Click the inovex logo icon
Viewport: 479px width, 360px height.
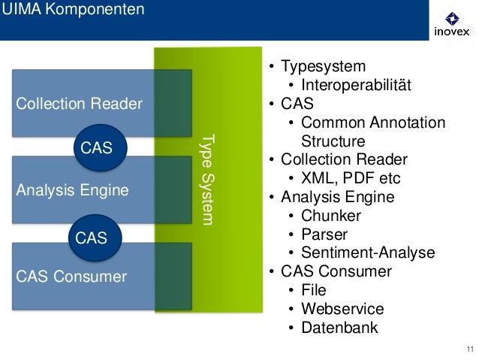tap(452, 19)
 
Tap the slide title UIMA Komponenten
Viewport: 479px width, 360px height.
tap(73, 9)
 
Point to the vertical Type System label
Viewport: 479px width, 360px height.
tap(207, 180)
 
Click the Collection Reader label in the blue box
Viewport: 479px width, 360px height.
tap(79, 104)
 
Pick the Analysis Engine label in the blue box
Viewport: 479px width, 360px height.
tap(72, 190)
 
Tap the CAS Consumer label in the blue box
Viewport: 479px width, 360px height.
tap(71, 277)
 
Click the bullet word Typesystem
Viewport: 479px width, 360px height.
tap(323, 67)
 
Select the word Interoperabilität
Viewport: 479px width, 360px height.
tap(356, 85)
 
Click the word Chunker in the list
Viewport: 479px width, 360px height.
tap(331, 216)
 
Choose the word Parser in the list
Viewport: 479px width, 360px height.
tap(324, 234)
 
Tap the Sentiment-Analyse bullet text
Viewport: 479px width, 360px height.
tap(368, 253)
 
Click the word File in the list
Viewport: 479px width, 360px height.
tap(314, 290)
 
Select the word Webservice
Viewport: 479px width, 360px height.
tap(343, 309)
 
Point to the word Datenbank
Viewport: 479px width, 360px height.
tap(339, 328)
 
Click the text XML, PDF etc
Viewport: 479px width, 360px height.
tap(351, 178)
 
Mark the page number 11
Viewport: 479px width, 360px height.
tap(470, 349)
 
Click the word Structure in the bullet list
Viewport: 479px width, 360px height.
tap(333, 141)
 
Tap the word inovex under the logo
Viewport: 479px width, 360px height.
tap(452, 32)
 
